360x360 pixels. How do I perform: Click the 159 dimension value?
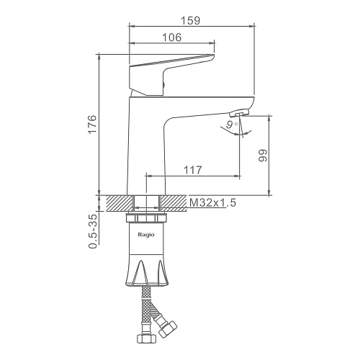tap(190, 20)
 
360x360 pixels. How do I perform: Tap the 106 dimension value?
tap(172, 37)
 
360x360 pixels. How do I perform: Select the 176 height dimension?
tap(92, 125)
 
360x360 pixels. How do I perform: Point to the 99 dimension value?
tap(263, 156)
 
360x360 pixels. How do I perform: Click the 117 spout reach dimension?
tap(193, 170)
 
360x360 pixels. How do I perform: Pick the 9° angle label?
tap(232, 125)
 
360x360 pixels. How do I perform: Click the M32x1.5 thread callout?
tap(213, 203)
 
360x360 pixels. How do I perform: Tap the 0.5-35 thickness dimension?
tap(93, 231)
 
